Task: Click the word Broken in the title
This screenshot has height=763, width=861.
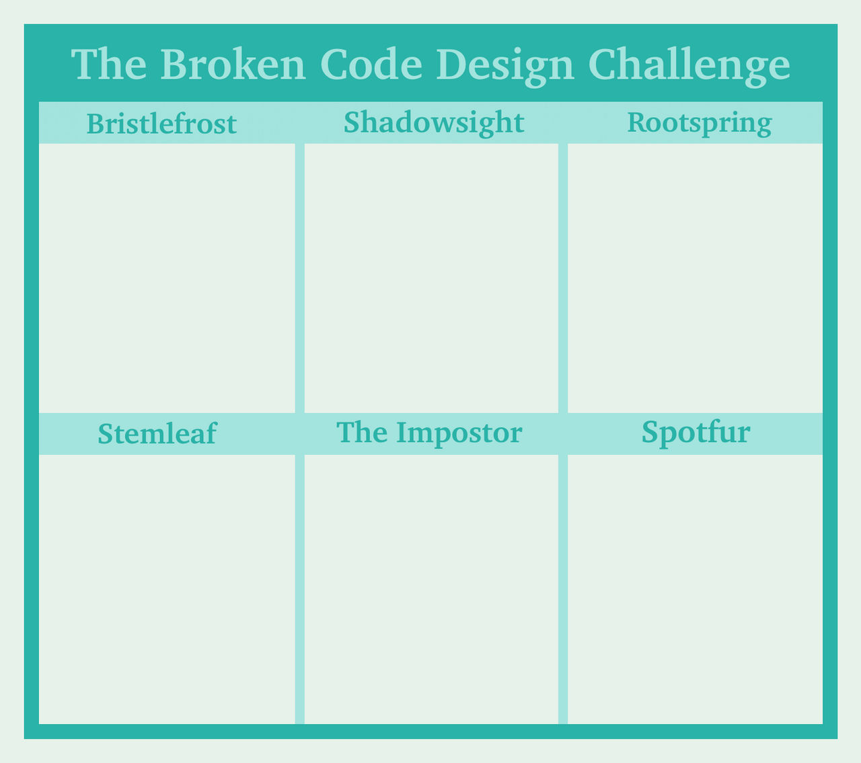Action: [x=233, y=65]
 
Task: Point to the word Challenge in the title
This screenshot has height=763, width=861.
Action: [x=689, y=66]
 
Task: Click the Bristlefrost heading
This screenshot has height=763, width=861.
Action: [x=161, y=124]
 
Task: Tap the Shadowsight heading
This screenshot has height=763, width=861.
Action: [x=433, y=123]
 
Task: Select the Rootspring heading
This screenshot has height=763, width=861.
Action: [x=699, y=123]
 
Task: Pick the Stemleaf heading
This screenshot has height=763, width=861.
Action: [x=157, y=434]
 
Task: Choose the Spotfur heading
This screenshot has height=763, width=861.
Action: [x=696, y=433]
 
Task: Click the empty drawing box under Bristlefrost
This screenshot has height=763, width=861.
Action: [x=167, y=277]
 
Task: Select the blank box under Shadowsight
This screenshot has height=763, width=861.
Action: [x=431, y=277]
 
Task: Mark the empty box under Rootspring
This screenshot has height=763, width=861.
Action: [x=695, y=277]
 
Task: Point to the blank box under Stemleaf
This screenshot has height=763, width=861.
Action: [x=167, y=589]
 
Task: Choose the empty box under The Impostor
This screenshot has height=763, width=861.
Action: [x=431, y=589]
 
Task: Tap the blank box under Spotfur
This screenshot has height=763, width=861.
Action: [x=695, y=589]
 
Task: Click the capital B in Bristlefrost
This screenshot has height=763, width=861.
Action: [x=94, y=124]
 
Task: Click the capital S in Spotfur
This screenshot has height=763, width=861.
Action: [x=649, y=432]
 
